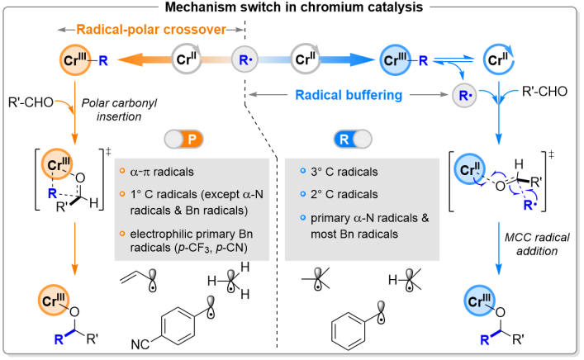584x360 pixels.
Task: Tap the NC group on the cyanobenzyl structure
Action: point(141,343)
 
